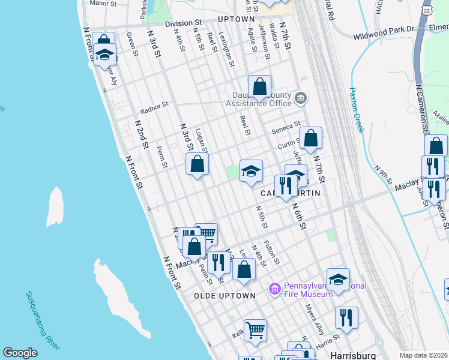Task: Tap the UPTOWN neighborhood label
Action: point(236,19)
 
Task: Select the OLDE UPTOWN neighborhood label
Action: point(225,296)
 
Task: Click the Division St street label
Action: point(183,23)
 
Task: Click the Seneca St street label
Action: point(285,127)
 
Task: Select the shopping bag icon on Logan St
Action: point(197,164)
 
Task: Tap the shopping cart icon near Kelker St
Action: point(255,329)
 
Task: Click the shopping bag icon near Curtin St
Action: point(310,138)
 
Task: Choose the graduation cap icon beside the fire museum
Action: point(338,279)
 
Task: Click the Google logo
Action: point(20,353)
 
